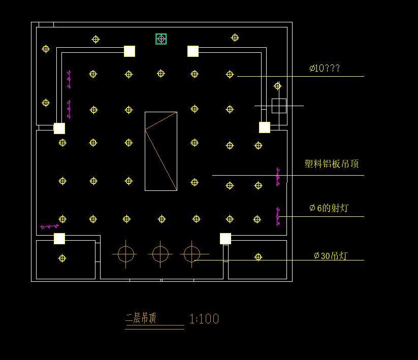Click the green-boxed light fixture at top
tap(161, 39)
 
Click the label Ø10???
tap(325, 68)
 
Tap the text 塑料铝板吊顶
tap(332, 163)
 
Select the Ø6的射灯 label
tap(329, 208)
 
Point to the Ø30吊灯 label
tap(331, 255)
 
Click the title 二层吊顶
tap(141, 318)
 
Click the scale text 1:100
tap(204, 319)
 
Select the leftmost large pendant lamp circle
tap(126, 253)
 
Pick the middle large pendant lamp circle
tap(160, 253)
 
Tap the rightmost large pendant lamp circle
tap(191, 253)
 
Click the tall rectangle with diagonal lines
tap(161, 151)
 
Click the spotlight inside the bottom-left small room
tap(62, 258)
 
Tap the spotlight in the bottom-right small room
tap(258, 257)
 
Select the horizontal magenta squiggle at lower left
tap(49, 226)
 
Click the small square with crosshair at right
tap(279, 106)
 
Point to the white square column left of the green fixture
tap(130, 51)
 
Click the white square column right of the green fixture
tap(193, 51)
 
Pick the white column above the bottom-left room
tap(59, 239)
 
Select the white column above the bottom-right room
tap(226, 239)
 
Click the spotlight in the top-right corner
tap(235, 38)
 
